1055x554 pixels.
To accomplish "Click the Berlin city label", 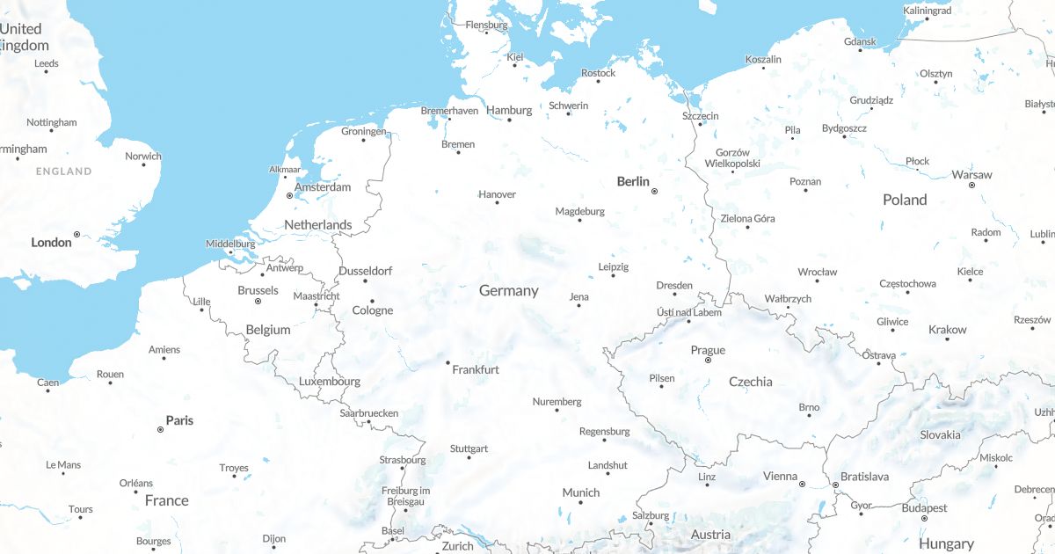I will coord(633,182).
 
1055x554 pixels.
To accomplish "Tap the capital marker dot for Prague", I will coord(709,361).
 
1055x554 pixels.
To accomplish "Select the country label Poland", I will coord(905,200).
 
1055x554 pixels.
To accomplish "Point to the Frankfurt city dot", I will coord(447,362).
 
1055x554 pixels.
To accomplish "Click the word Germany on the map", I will coord(508,290).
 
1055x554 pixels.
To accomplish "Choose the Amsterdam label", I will coord(323,187).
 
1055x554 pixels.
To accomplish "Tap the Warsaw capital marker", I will coord(971,185).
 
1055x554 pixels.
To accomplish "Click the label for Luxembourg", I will coord(330,382).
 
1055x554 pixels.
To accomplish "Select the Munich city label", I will coord(580,492).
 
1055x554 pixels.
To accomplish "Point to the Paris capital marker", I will coord(160,430).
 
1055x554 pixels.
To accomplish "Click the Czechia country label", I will coord(751,382).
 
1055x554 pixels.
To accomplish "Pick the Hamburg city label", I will coord(509,111).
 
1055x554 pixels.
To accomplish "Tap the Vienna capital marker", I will coord(802,484).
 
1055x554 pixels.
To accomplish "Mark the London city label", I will coord(51,242).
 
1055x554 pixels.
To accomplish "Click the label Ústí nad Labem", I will coord(689,312).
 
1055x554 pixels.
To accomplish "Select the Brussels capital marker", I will coord(258,302).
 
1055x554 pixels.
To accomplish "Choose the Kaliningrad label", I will coord(927,11).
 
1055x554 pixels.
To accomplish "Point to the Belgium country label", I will coord(268,330).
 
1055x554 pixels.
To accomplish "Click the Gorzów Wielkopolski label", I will coord(732,157).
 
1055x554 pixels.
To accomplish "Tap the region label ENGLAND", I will coord(63,171).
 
